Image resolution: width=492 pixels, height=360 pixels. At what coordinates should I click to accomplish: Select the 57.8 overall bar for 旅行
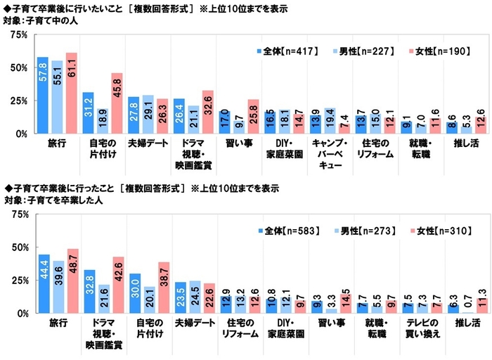coord(43,95)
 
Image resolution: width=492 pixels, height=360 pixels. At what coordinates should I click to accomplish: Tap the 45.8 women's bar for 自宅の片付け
coord(116,103)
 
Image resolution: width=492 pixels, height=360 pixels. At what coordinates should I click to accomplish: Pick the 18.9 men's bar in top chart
coord(103,120)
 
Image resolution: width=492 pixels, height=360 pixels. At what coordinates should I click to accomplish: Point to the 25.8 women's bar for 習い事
coord(252,116)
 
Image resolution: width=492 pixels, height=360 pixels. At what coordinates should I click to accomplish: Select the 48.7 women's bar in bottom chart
coord(71,281)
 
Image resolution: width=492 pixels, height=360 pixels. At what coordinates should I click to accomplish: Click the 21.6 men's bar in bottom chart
coord(103,298)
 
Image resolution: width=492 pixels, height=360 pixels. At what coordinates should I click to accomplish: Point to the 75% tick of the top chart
coord(19,34)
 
